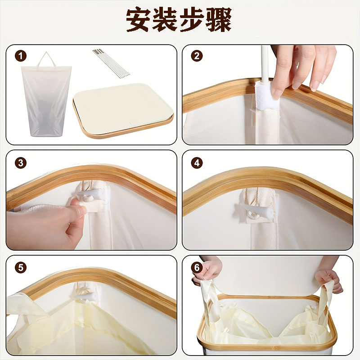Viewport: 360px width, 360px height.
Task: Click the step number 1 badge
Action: pos(21,56)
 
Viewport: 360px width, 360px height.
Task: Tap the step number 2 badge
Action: pos(197,55)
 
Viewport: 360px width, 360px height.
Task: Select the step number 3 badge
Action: pos(21,163)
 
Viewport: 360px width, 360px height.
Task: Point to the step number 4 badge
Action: pos(197,163)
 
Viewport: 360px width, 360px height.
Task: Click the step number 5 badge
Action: pos(21,268)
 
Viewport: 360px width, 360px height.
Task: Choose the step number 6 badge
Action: pos(197,268)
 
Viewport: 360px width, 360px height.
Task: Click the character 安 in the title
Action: pos(139,20)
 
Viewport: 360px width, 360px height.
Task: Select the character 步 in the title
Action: pos(192,20)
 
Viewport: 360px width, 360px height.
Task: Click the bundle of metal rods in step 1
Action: pos(111,63)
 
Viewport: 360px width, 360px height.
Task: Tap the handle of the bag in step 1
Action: pos(46,59)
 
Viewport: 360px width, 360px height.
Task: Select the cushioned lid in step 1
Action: pos(123,110)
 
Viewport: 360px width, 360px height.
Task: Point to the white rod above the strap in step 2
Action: pos(265,63)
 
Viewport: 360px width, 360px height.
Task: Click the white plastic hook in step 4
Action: pos(255,210)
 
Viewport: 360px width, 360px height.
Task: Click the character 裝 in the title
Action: pos(166,20)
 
